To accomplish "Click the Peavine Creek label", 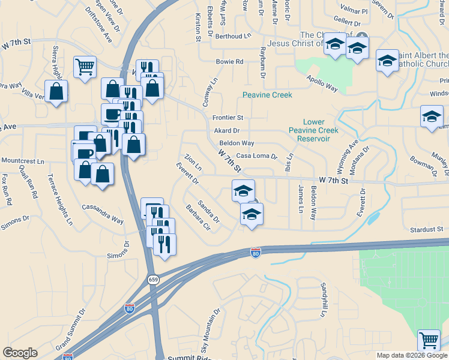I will (267, 95).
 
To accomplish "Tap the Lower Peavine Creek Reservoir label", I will (313, 130).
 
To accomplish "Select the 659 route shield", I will (153, 280).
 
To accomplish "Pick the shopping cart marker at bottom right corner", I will (429, 340).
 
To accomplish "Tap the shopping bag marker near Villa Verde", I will (56, 91).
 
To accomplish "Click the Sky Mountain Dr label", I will (211, 331).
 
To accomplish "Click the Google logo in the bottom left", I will (20, 353).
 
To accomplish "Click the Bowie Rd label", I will (229, 62).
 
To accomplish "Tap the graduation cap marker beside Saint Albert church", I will (387, 60).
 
